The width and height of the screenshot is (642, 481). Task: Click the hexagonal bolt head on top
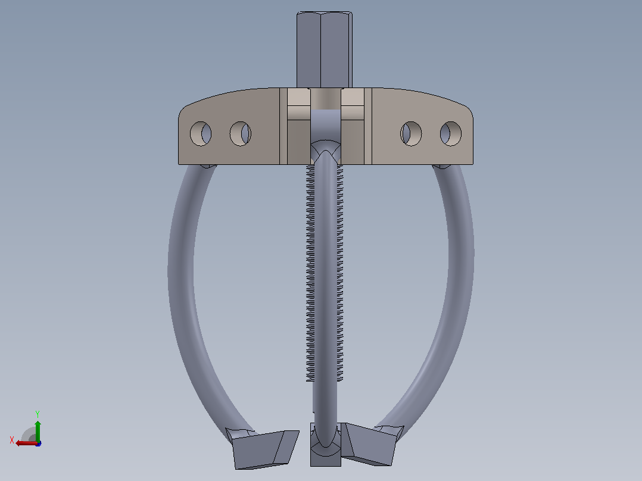click(x=324, y=49)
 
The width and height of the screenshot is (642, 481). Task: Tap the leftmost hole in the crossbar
click(x=201, y=133)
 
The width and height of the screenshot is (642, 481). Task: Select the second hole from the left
click(x=241, y=133)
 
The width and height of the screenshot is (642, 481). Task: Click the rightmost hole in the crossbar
click(x=451, y=133)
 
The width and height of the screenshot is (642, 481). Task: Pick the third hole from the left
click(x=411, y=133)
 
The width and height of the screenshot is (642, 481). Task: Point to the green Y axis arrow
click(x=38, y=431)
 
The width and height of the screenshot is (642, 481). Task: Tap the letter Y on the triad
click(x=38, y=414)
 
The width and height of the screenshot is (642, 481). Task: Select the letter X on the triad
click(x=12, y=440)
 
